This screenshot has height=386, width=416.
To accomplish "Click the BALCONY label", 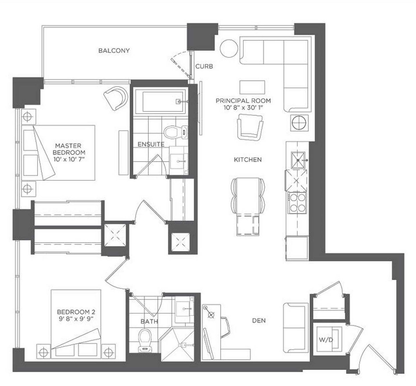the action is [114, 50].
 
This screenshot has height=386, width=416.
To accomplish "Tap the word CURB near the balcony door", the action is [204, 67].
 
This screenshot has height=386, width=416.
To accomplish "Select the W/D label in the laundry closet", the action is [326, 339].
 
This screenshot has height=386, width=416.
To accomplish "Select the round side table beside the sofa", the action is [229, 48].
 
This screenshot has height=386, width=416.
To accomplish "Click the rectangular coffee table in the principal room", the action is [252, 87].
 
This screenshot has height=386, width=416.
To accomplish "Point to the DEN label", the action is [259, 320].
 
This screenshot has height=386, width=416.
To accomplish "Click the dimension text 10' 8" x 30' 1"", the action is [243, 108].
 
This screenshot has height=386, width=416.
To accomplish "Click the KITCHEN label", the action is [248, 160].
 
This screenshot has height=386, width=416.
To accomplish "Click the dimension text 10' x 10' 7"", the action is [69, 159].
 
